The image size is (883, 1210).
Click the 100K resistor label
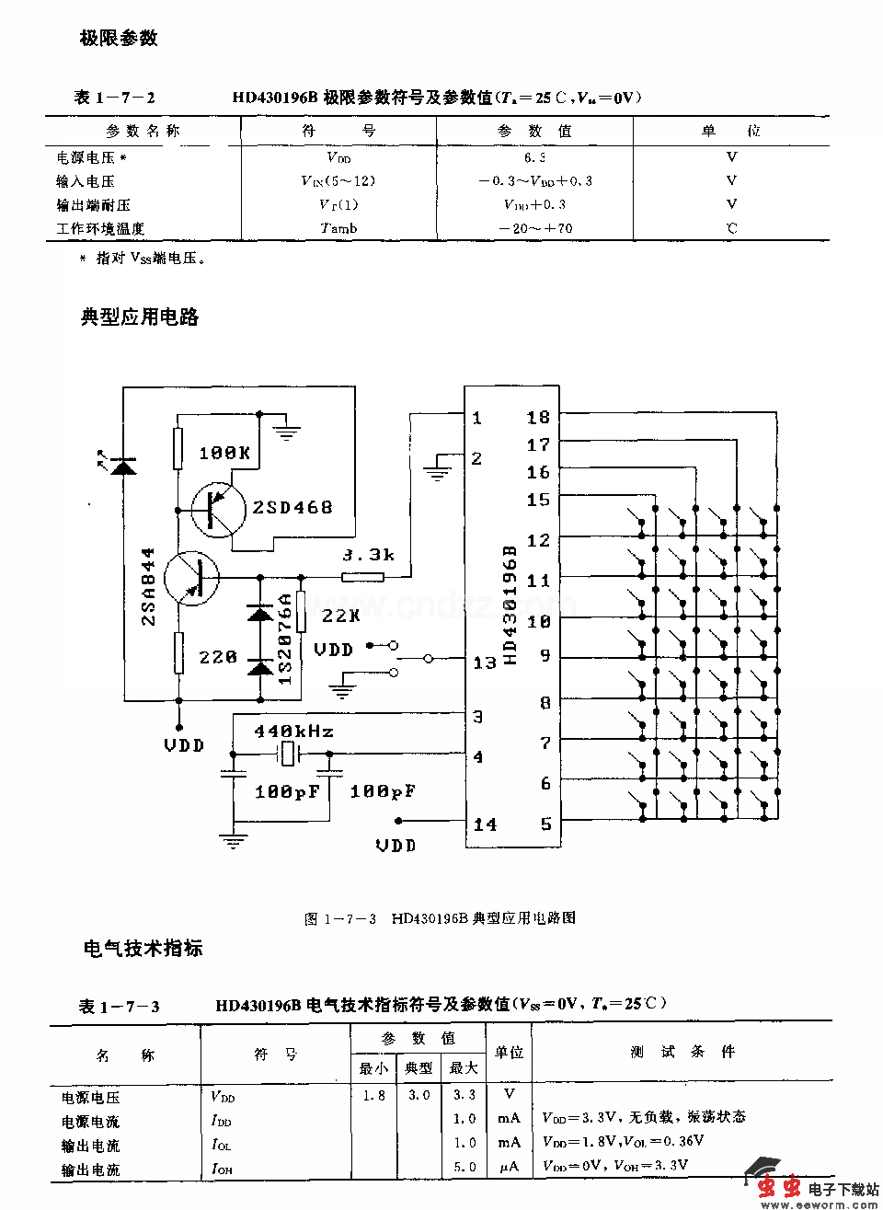pyautogui.click(x=224, y=453)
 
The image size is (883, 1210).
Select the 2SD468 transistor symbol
pyautogui.click(x=218, y=508)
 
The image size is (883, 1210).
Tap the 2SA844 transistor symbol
pyautogui.click(x=191, y=578)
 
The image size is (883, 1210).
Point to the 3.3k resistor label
pyautogui.click(x=368, y=555)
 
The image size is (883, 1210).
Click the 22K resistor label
pyautogui.click(x=341, y=616)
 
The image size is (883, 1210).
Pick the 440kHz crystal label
pyautogui.click(x=293, y=732)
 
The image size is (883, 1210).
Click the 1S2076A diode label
pyautogui.click(x=285, y=638)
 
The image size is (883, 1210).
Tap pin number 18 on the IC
pyautogui.click(x=538, y=417)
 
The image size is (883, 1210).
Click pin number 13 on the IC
pyautogui.click(x=485, y=663)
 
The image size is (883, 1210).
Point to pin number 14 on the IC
pyautogui.click(x=485, y=824)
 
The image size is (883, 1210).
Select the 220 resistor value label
pyautogui.click(x=218, y=657)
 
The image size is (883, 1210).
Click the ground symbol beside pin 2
pyautogui.click(x=437, y=472)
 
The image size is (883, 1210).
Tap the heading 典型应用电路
pyautogui.click(x=140, y=317)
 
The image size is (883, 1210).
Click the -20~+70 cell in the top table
pyautogui.click(x=535, y=228)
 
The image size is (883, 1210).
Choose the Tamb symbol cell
pyautogui.click(x=338, y=228)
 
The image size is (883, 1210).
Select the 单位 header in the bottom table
pyautogui.click(x=509, y=1052)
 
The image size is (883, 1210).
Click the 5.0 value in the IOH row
pyautogui.click(x=464, y=1167)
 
